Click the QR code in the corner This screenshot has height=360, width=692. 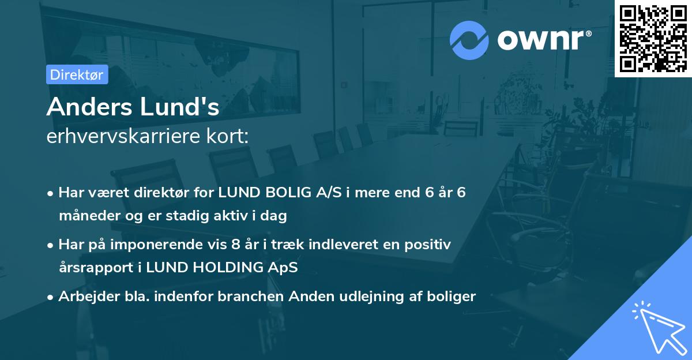click(653, 38)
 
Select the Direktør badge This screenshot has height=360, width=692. click(77, 74)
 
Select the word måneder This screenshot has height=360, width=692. click(86, 216)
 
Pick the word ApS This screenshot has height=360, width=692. click(284, 268)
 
